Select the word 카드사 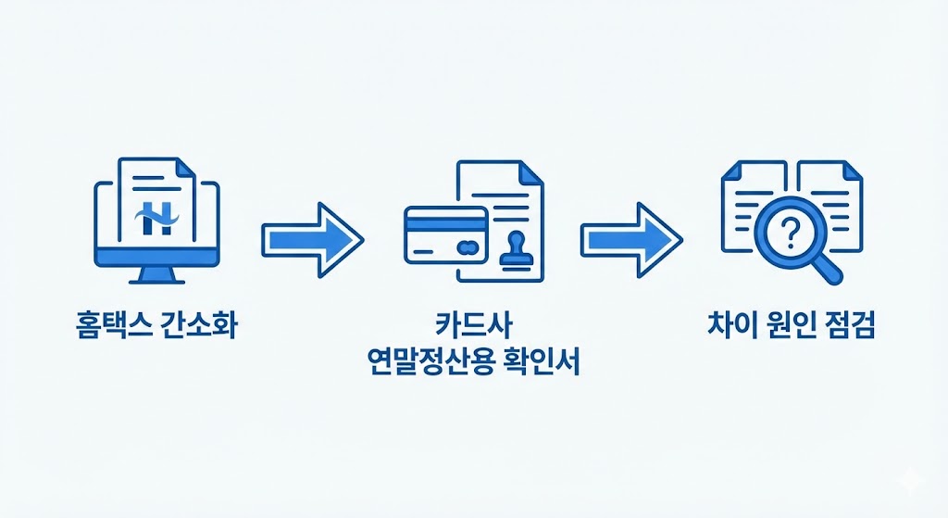coord(473,327)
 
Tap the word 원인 coord(787,327)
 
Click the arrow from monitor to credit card coord(312,239)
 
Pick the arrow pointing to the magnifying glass coord(630,239)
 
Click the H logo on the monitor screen coord(154,219)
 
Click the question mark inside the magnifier coord(789,232)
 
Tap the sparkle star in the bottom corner coord(913,483)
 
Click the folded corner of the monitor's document coord(184,167)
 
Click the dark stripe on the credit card coord(445,222)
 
